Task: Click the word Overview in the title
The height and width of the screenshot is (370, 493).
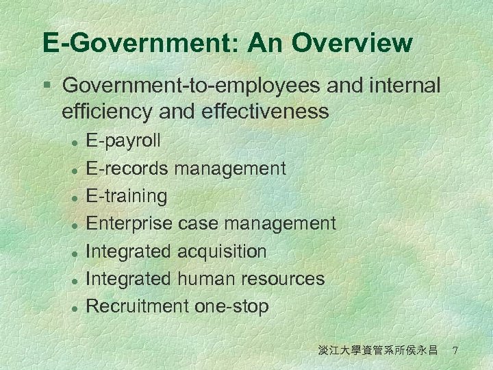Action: click(351, 43)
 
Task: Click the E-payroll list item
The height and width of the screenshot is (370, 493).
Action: click(123, 140)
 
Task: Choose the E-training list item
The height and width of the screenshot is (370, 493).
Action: click(127, 196)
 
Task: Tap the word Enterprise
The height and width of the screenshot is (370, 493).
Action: click(129, 223)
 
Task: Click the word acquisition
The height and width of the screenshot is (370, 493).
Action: click(222, 251)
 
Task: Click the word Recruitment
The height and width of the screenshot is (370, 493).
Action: click(138, 306)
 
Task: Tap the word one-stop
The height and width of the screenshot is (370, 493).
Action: click(231, 306)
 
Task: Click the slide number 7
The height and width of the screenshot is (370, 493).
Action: click(455, 351)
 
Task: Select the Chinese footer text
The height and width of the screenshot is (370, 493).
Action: click(378, 351)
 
